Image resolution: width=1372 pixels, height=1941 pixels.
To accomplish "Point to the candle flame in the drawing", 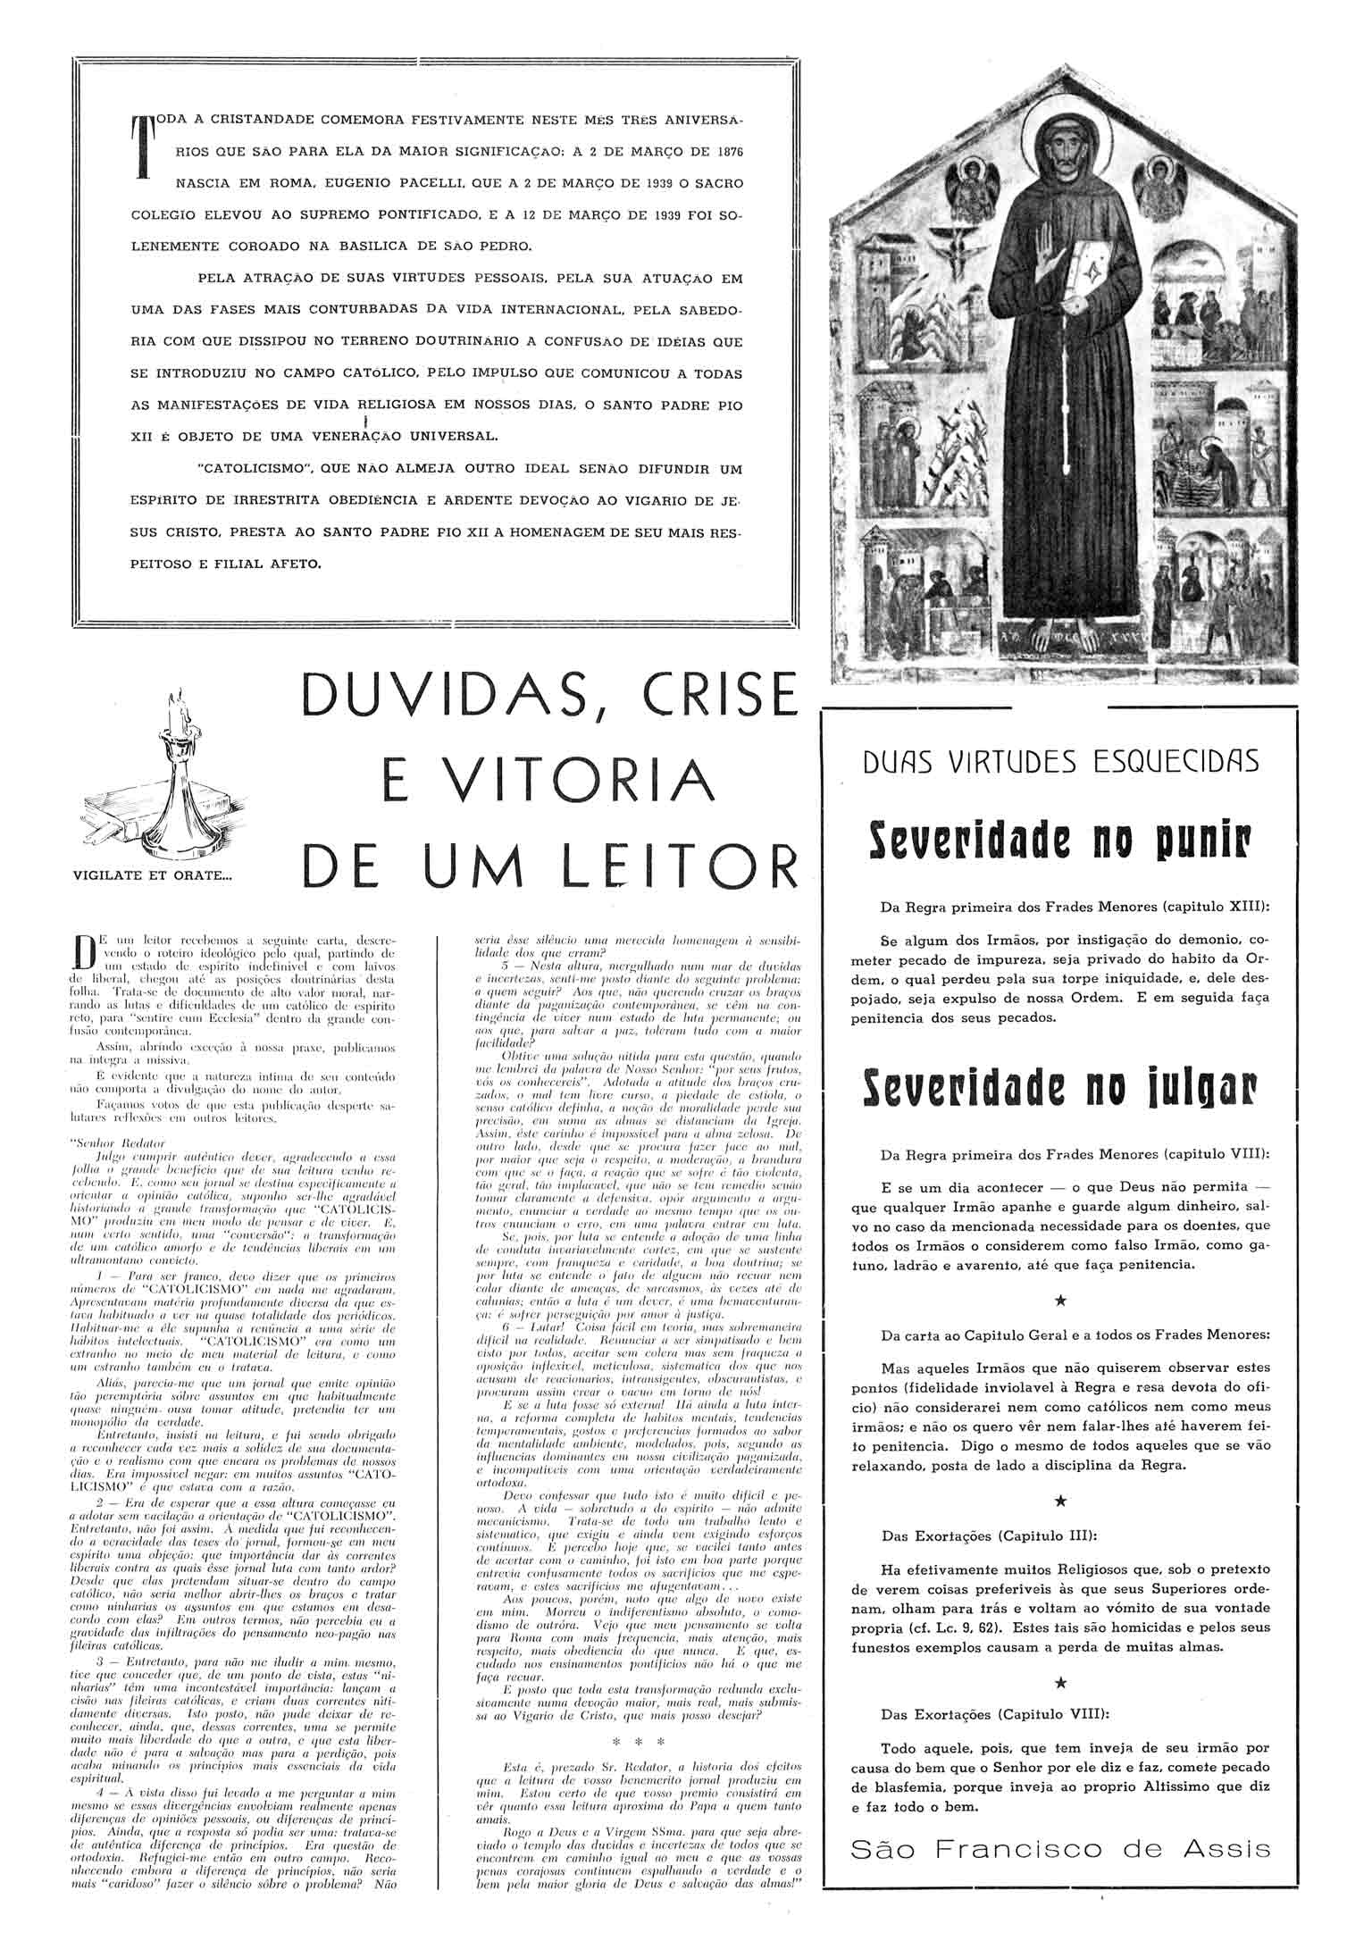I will click(181, 699).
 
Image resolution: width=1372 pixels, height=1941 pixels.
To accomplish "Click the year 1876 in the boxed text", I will click(728, 150).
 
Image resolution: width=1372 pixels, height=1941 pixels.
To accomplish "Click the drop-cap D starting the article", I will click(85, 951).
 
